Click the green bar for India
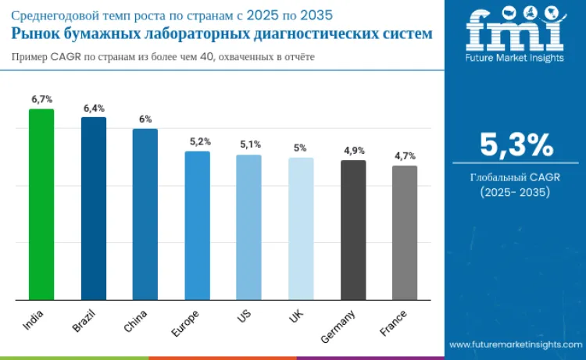(41, 204)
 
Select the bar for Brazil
(94, 208)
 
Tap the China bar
(145, 214)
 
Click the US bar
(248, 227)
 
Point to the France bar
(405, 232)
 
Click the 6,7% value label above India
(41, 99)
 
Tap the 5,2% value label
(200, 141)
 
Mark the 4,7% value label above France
(405, 156)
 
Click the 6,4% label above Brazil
(94, 108)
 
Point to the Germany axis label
(339, 326)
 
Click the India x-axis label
(33, 317)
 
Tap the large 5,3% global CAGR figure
(516, 146)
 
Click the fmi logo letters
(515, 30)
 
